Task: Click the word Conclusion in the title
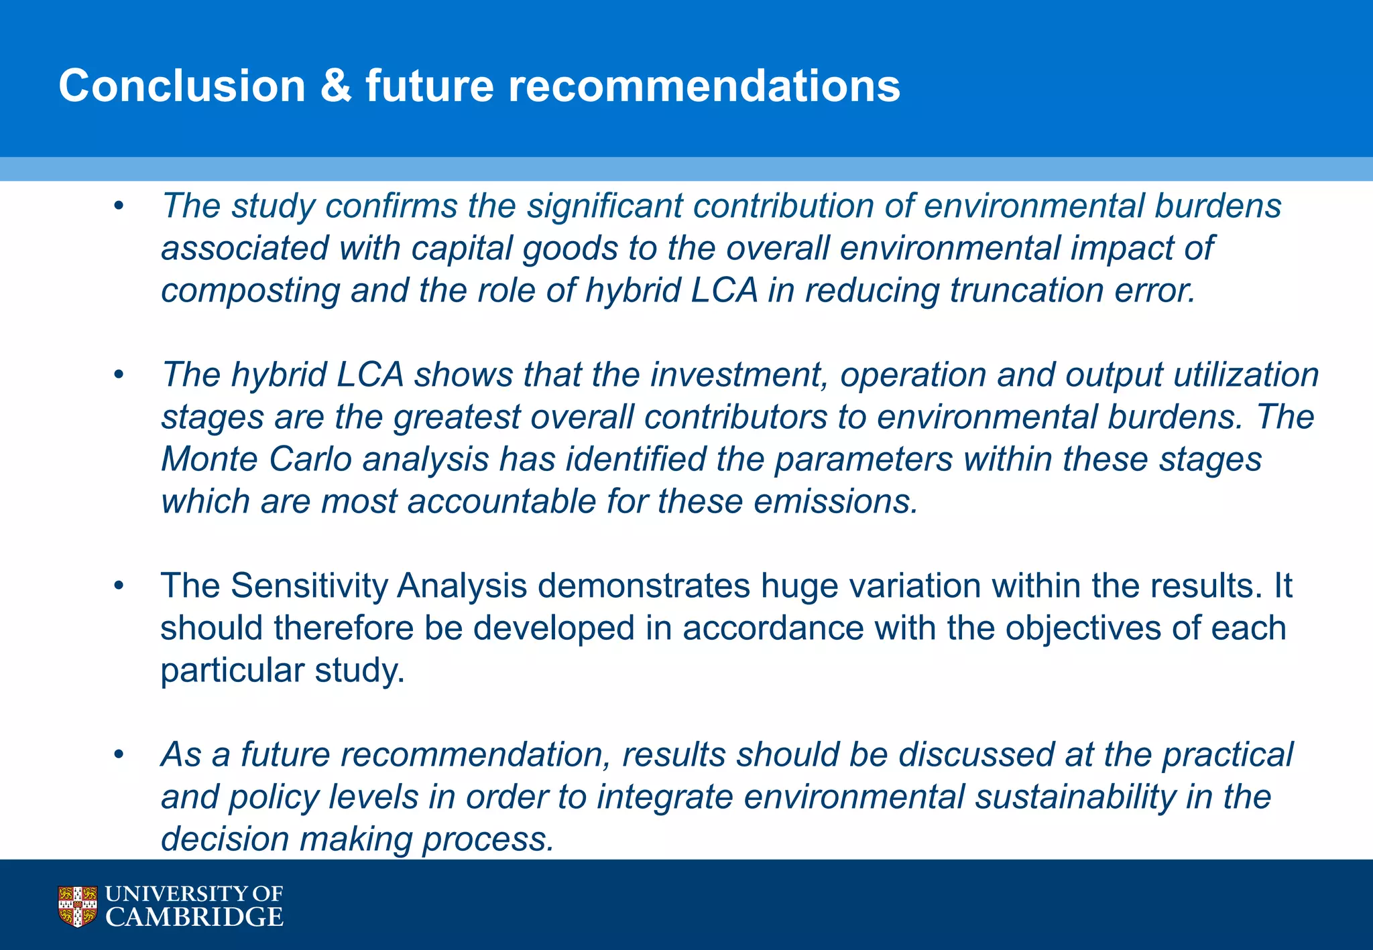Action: pyautogui.click(x=182, y=86)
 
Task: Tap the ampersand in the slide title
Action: pyautogui.click(x=335, y=86)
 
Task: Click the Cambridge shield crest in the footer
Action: pyautogui.click(x=78, y=906)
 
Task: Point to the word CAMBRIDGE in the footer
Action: pyautogui.click(x=194, y=917)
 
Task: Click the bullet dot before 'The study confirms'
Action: pyautogui.click(x=119, y=207)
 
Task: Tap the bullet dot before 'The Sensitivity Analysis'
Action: pyautogui.click(x=119, y=587)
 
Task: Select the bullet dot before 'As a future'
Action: pyautogui.click(x=119, y=756)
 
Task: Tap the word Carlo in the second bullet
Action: pyautogui.click(x=310, y=460)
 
